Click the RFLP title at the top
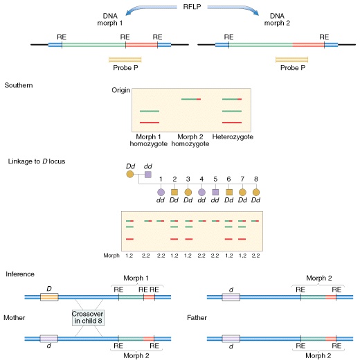click(192, 7)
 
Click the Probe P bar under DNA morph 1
click(125, 60)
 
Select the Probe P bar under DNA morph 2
click(291, 60)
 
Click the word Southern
click(19, 85)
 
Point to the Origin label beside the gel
click(120, 90)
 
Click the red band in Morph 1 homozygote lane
click(150, 123)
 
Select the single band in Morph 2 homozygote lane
click(191, 99)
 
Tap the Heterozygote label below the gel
click(233, 137)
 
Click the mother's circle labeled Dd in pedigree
click(130, 174)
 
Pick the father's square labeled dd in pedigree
click(148, 175)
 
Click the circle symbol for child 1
click(161, 192)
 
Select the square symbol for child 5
click(215, 192)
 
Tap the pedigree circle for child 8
click(256, 192)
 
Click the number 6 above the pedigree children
click(228, 179)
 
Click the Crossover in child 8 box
click(88, 317)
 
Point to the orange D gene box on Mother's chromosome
click(49, 297)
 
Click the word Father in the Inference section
click(197, 317)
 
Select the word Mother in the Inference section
click(15, 317)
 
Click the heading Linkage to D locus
click(37, 161)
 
